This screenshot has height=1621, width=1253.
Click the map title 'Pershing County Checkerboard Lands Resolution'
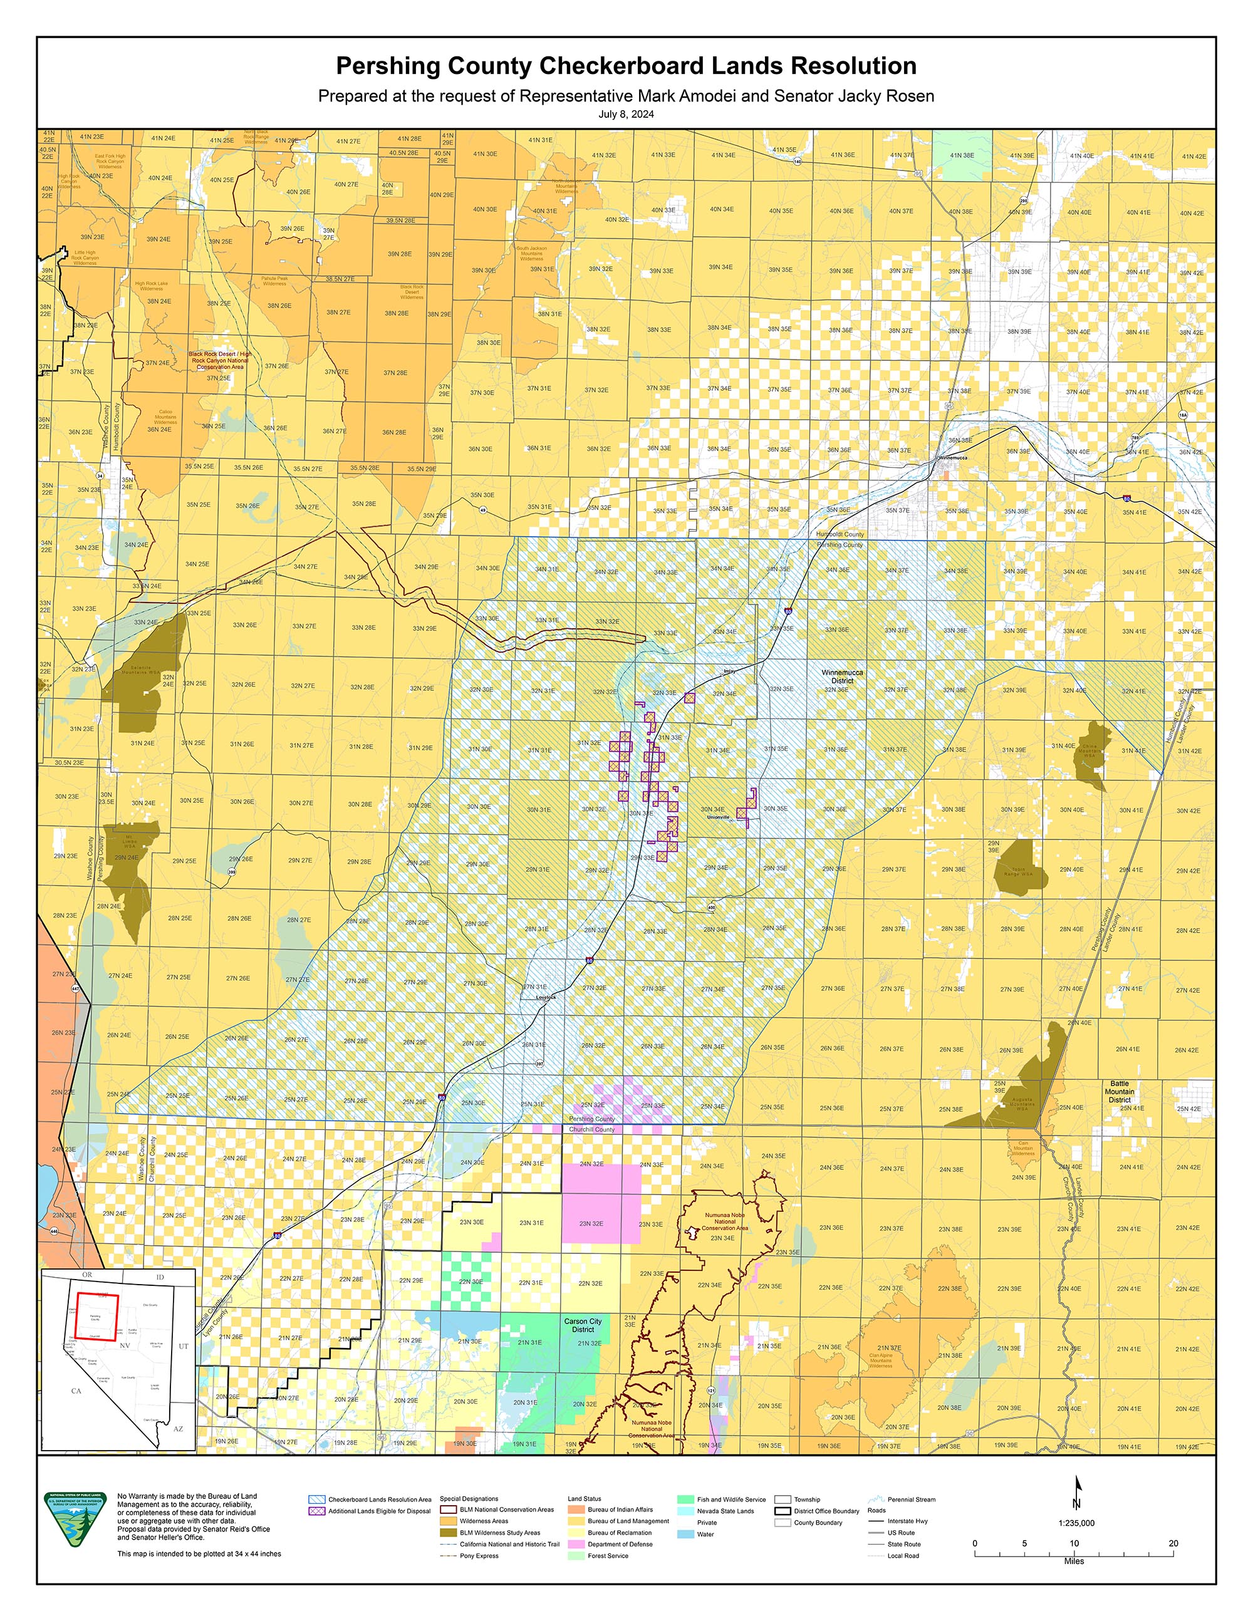pyautogui.click(x=626, y=66)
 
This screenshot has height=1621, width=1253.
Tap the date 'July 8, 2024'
pyautogui.click(x=626, y=114)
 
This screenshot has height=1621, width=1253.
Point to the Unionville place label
pyautogui.click(x=718, y=817)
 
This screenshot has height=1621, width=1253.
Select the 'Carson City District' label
pyautogui.click(x=583, y=1325)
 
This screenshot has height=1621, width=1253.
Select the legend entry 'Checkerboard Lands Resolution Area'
pyautogui.click(x=379, y=1499)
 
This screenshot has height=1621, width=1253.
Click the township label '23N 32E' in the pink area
pyautogui.click(x=591, y=1223)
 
